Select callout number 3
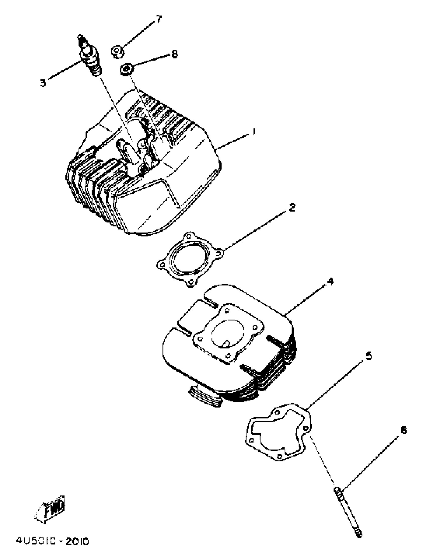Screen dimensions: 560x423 click(43, 83)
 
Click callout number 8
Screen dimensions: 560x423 click(174, 54)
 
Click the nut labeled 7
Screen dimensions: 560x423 click(117, 51)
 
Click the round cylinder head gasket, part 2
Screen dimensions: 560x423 click(190, 259)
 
